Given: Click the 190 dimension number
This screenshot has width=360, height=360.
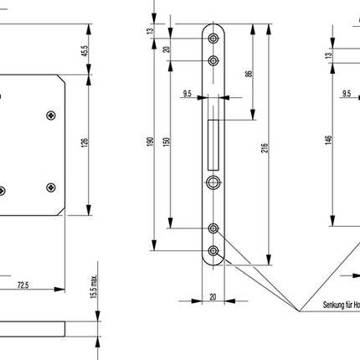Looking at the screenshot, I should [151, 143].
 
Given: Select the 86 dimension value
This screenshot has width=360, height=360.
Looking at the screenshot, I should [249, 74].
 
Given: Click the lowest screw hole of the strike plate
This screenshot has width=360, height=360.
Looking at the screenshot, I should [215, 250].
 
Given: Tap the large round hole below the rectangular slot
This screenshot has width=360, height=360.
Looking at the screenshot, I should [214, 183].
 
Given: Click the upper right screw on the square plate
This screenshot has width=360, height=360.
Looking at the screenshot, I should [52, 115].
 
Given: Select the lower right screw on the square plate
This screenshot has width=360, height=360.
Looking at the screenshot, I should [52, 186].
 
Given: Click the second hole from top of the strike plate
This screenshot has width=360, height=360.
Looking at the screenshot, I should [215, 60].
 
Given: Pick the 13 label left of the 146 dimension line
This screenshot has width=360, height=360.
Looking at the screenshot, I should [329, 55].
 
